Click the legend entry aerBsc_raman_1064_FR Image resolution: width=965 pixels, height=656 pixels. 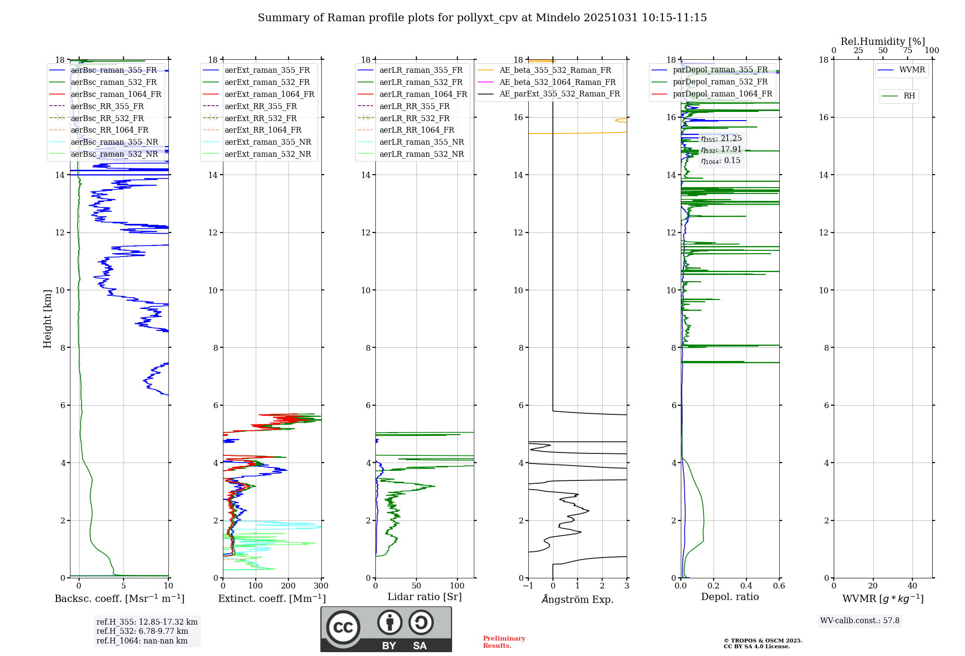116,95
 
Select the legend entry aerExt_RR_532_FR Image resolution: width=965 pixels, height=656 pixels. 261,119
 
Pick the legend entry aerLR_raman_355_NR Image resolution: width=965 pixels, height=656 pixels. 421,142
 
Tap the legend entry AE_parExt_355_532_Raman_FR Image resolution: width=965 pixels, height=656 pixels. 559,94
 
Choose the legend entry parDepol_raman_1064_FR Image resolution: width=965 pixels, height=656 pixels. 722,94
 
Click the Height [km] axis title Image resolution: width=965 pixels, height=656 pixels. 47,319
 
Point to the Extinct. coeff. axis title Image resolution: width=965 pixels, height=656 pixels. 272,599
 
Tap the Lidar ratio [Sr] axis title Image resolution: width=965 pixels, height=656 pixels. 425,597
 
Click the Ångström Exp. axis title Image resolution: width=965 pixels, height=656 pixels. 578,600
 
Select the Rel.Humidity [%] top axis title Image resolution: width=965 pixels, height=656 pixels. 882,41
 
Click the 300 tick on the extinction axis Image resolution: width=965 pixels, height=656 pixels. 321,586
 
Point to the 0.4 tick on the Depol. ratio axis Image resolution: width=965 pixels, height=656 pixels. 746,586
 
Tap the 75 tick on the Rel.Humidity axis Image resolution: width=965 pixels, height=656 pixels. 908,51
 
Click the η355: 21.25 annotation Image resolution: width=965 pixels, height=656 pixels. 721,138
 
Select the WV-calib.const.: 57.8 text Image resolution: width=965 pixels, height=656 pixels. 860,621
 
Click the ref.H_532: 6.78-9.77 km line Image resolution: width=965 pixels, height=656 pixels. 142,631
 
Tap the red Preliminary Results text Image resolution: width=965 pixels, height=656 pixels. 504,642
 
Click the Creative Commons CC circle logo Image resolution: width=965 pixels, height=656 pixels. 343,628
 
